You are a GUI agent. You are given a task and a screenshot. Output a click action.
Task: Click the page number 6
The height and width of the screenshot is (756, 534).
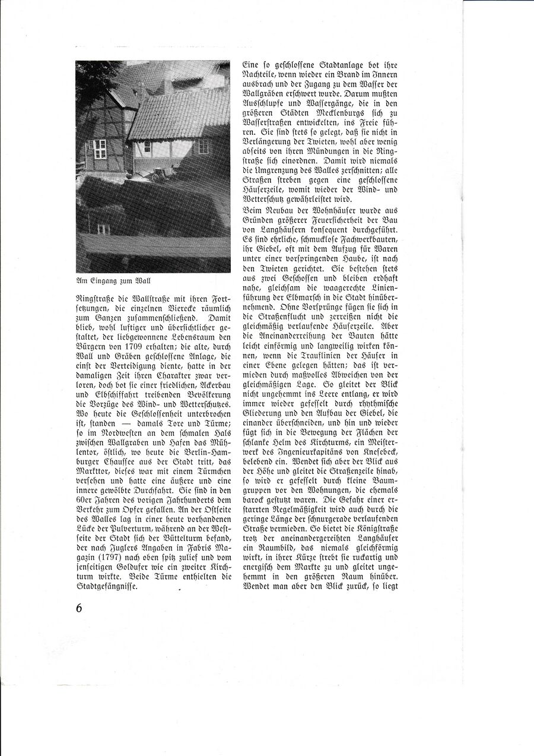[x=79, y=608]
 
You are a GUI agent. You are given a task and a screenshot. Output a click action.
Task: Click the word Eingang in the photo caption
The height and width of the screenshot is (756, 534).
[x=103, y=280]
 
